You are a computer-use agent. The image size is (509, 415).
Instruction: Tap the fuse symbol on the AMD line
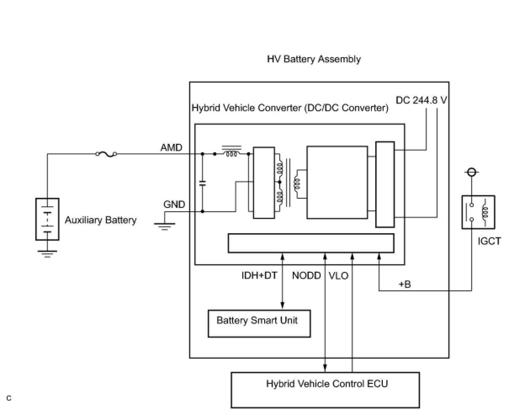pyautogui.click(x=106, y=154)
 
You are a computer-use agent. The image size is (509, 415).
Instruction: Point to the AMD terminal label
pyautogui.click(x=171, y=147)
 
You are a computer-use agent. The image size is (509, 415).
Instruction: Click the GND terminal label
pyautogui.click(x=174, y=205)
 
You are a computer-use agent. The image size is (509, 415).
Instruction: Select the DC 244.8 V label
pyautogui.click(x=421, y=100)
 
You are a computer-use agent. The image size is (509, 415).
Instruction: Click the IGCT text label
pyautogui.click(x=489, y=241)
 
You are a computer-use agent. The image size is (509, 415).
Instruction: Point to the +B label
pyautogui.click(x=405, y=284)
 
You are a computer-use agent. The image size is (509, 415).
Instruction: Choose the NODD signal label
pyautogui.click(x=306, y=276)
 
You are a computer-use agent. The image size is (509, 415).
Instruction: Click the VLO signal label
pyautogui.click(x=338, y=276)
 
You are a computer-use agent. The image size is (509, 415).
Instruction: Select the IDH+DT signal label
pyautogui.click(x=259, y=275)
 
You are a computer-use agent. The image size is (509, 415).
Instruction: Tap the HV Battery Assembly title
pyautogui.click(x=314, y=59)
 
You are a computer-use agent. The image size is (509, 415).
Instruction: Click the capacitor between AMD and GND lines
pyautogui.click(x=202, y=184)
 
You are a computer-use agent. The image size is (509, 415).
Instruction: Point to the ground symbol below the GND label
pyautogui.click(x=164, y=226)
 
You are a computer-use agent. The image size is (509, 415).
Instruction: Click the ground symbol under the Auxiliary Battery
pyautogui.click(x=47, y=254)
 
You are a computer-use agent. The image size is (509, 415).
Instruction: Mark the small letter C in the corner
pyautogui.click(x=9, y=398)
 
